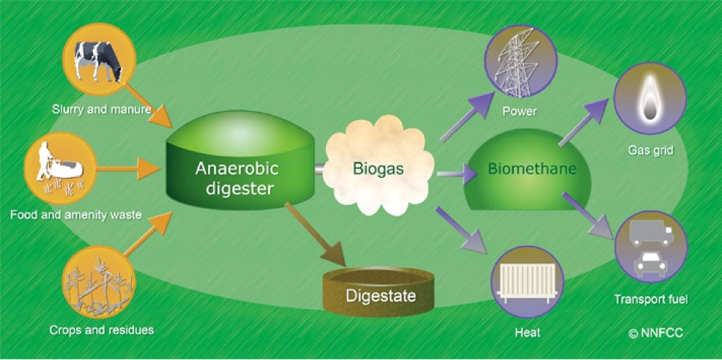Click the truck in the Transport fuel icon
(x=649, y=234)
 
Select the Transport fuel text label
(x=651, y=300)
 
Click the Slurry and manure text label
(x=101, y=110)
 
